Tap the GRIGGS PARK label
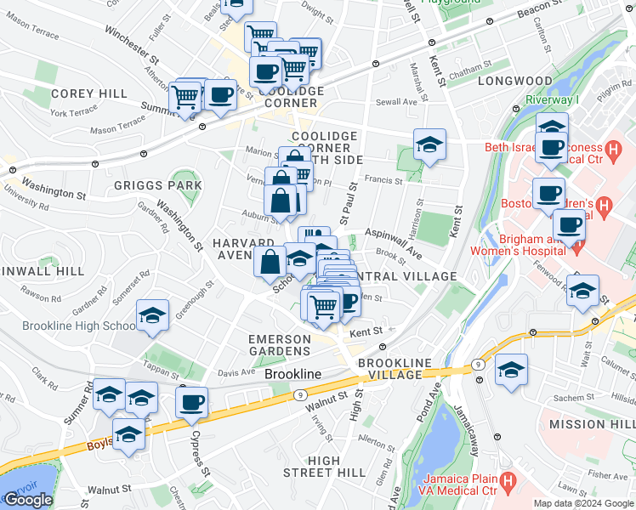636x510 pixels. pos(159,185)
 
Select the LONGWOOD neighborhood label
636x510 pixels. pos(515,81)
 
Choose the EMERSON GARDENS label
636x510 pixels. pos(279,345)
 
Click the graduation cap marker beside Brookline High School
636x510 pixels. pos(153,316)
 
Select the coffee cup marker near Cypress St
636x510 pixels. pos(192,402)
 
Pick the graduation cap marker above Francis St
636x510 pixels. pos(430,145)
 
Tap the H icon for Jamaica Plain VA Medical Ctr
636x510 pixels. pos(508,482)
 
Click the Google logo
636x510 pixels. pos(28,500)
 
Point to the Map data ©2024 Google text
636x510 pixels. pos(582,503)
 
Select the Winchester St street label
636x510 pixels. pos(133,46)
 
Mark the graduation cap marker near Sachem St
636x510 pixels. pos(511,371)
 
